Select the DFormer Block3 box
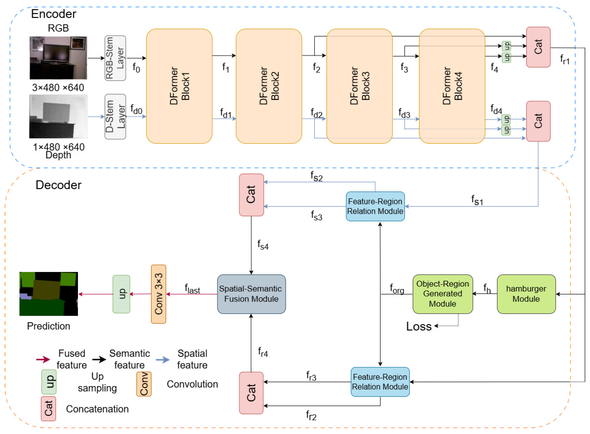point(359,86)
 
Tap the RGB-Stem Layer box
point(115,58)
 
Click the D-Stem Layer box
point(115,116)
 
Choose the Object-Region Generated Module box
point(442,294)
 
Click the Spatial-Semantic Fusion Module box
point(251,294)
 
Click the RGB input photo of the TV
point(58,58)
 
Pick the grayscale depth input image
point(58,116)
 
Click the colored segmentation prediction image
point(49,294)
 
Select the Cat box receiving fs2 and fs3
point(251,195)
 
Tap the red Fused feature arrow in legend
point(43,359)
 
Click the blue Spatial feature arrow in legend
point(163,360)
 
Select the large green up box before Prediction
point(121,294)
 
